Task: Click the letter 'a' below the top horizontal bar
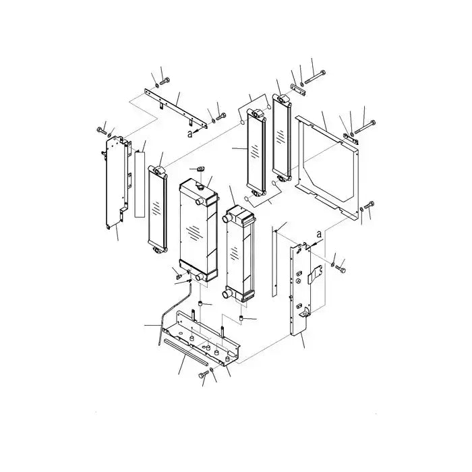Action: [x=190, y=134]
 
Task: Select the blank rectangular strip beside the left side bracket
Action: [x=140, y=183]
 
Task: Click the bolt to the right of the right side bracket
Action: [x=343, y=268]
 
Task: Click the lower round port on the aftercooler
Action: [x=225, y=293]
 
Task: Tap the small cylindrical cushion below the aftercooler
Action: [x=241, y=317]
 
